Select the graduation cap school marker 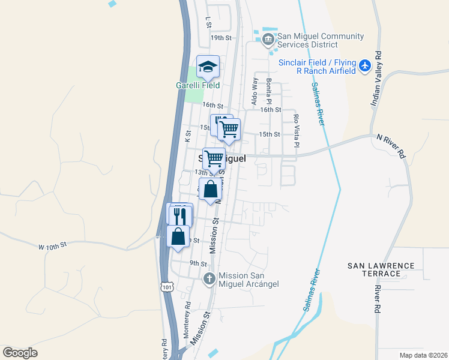208,67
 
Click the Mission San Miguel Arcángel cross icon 209,278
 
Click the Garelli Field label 197,85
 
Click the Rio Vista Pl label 296,131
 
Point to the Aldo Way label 255,89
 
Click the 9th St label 198,263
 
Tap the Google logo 20,353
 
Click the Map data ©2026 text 423,355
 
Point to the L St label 209,22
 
